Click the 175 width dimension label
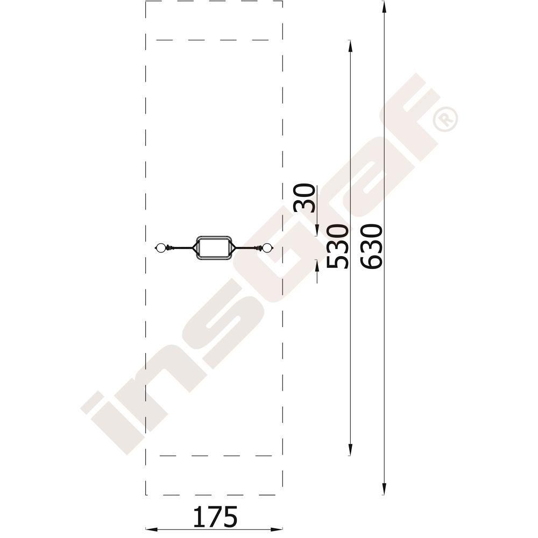pos(215,516)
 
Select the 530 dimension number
pos(337,246)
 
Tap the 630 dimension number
pos(371,246)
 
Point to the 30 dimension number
pos(304,199)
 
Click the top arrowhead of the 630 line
pos(384,7)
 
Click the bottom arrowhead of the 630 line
pos(384,489)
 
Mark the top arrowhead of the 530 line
pos(350,46)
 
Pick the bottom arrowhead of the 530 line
pos(350,449)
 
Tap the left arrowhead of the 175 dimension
pos(152,529)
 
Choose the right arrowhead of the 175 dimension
pos(276,529)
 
